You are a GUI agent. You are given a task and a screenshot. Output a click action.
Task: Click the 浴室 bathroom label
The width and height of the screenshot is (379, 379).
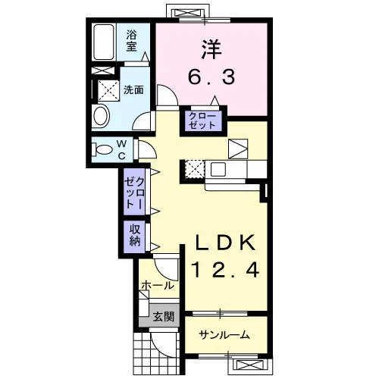pyautogui.click(x=131, y=40)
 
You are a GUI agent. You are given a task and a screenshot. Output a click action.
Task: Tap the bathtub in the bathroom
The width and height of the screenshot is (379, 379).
pyautogui.click(x=104, y=42)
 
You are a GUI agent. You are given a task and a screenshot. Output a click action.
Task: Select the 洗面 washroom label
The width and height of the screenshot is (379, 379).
pyautogui.click(x=133, y=89)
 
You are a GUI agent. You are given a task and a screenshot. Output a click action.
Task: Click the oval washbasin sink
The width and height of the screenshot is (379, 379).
pyautogui.click(x=101, y=116)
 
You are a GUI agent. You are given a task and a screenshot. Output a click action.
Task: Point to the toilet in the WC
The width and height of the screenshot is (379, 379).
pyautogui.click(x=102, y=149)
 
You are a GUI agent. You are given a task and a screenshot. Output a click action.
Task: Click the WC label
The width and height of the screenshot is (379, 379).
pyautogui.click(x=122, y=150)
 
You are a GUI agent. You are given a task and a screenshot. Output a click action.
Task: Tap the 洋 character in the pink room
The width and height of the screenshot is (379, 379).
pyautogui.click(x=211, y=49)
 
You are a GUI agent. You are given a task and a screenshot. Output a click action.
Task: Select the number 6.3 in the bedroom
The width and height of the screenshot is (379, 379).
pyautogui.click(x=211, y=77)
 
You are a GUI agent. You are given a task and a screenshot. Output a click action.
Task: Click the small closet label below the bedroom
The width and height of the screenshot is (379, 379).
pyautogui.click(x=202, y=121)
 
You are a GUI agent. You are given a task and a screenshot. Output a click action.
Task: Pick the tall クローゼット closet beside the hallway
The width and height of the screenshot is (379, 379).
pyautogui.click(x=134, y=193)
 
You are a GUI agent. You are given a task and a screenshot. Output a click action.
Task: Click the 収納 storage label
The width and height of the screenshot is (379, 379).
pyautogui.click(x=135, y=236)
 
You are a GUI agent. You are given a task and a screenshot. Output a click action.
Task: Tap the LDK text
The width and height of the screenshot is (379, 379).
pyautogui.click(x=225, y=243)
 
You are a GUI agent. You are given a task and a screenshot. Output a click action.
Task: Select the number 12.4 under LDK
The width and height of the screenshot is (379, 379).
pyautogui.click(x=225, y=270)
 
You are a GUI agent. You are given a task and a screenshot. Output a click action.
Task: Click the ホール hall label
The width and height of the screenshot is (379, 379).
pyautogui.click(x=158, y=286)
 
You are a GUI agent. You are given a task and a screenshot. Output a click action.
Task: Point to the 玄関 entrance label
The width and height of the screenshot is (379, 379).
pyautogui.click(x=164, y=316)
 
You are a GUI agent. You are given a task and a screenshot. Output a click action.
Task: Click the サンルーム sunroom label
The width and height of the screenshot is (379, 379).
pyautogui.click(x=224, y=335)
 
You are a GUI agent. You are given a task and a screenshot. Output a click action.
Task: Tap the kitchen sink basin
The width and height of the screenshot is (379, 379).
pyautogui.click(x=218, y=169)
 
